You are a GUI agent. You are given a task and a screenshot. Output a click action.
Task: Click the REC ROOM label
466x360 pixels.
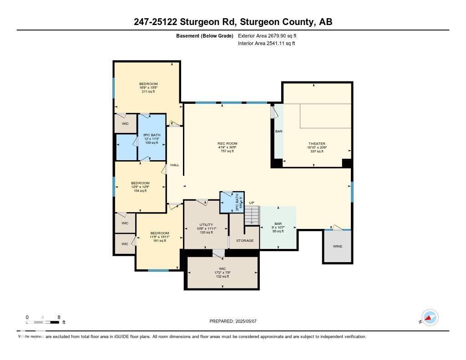(227, 147)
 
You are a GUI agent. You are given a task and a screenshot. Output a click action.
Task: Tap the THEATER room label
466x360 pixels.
(317, 147)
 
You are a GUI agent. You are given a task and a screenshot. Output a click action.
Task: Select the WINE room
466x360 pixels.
(337, 246)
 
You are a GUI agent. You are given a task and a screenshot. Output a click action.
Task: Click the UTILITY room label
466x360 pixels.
(206, 228)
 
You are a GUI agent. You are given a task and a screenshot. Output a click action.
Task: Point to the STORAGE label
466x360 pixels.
(244, 240)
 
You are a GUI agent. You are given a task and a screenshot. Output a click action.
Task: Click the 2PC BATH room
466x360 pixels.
(232, 202)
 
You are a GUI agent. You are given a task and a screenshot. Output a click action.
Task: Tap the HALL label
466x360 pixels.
(175, 165)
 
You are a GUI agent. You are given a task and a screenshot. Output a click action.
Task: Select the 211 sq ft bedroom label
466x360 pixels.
(148, 87)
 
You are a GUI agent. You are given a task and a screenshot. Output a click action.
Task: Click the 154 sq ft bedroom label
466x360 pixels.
(140, 187)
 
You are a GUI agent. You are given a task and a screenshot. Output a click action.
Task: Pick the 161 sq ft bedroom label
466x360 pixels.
(159, 237)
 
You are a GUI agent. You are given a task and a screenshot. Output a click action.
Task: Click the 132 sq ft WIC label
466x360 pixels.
(222, 272)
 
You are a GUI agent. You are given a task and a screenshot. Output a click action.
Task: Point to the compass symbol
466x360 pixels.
(429, 318)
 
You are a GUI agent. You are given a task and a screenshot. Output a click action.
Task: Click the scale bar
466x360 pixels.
(43, 322)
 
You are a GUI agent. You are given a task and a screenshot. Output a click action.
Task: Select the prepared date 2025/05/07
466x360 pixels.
(233, 321)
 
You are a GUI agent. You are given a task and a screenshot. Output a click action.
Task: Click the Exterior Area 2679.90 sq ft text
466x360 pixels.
(267, 35)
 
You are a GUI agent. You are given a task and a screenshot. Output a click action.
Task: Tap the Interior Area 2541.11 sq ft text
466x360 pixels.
(266, 43)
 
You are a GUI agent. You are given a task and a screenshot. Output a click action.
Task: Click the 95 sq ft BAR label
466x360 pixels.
(278, 228)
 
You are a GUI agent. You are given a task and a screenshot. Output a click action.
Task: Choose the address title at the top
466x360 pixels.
(233, 22)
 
